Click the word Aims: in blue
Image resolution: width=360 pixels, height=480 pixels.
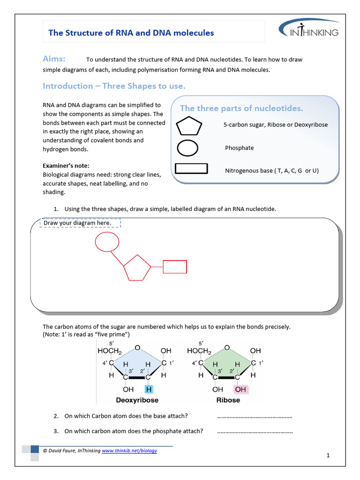click(x=54, y=59)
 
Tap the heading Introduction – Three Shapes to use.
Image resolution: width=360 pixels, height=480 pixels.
click(x=114, y=86)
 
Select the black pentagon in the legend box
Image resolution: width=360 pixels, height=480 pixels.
click(x=189, y=126)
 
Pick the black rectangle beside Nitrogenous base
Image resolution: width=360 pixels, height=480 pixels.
click(x=191, y=169)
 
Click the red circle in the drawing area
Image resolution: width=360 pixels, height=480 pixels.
click(x=107, y=242)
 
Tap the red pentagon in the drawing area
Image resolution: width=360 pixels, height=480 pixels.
click(x=137, y=268)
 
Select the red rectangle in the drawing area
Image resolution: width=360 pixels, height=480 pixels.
click(x=175, y=267)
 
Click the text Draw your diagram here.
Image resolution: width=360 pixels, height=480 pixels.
click(x=77, y=223)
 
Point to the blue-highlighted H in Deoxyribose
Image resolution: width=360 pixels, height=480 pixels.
click(x=148, y=389)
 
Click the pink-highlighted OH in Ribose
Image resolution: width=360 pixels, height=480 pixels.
click(x=240, y=389)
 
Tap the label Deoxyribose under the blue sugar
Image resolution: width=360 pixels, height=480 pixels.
click(x=137, y=400)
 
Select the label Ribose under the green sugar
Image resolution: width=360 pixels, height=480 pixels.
click(x=228, y=400)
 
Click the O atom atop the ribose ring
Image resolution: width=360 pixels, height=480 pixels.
click(x=227, y=348)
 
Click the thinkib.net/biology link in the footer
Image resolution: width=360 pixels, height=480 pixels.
click(x=129, y=450)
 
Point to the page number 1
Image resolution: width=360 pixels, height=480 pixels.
click(x=329, y=455)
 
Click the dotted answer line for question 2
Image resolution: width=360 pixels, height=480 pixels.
click(x=255, y=416)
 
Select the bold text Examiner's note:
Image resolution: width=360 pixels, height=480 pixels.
click(x=66, y=166)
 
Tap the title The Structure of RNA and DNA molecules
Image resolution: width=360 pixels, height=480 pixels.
click(x=131, y=33)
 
